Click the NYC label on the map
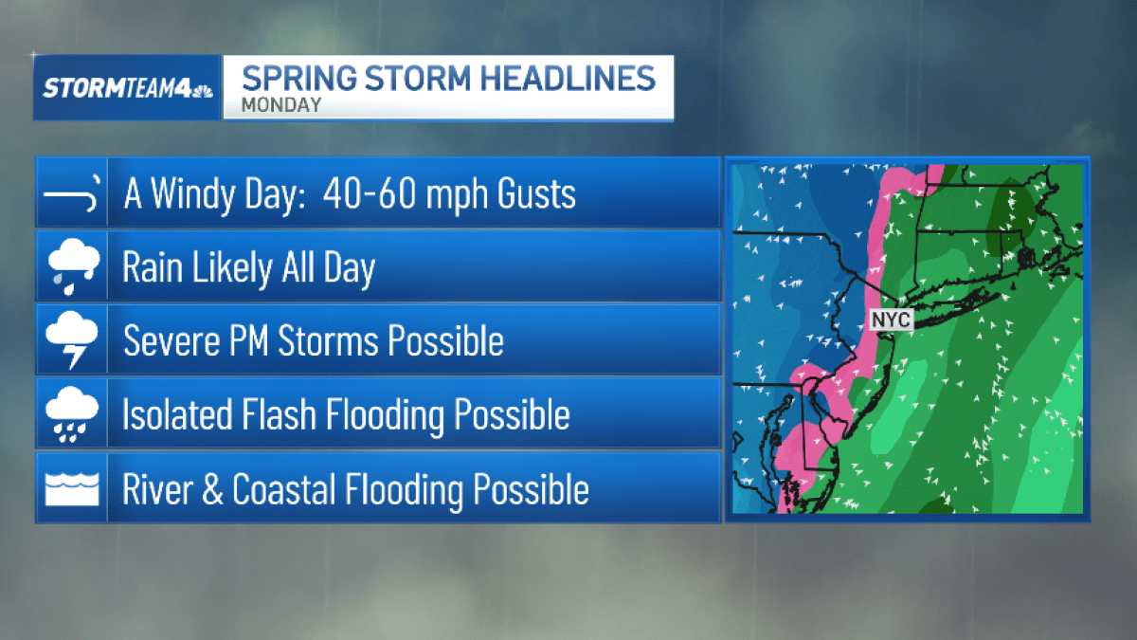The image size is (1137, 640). click(x=891, y=320)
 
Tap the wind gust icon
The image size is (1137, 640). click(x=71, y=195)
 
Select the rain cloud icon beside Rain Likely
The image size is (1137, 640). click(x=71, y=267)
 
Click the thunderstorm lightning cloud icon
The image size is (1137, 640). click(x=71, y=341)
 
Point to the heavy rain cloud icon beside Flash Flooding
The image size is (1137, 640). click(x=71, y=414)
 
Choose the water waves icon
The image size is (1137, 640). click(x=71, y=489)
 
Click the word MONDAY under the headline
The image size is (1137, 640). click(x=281, y=105)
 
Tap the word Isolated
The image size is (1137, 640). click(x=176, y=414)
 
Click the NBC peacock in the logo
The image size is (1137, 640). click(x=201, y=90)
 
